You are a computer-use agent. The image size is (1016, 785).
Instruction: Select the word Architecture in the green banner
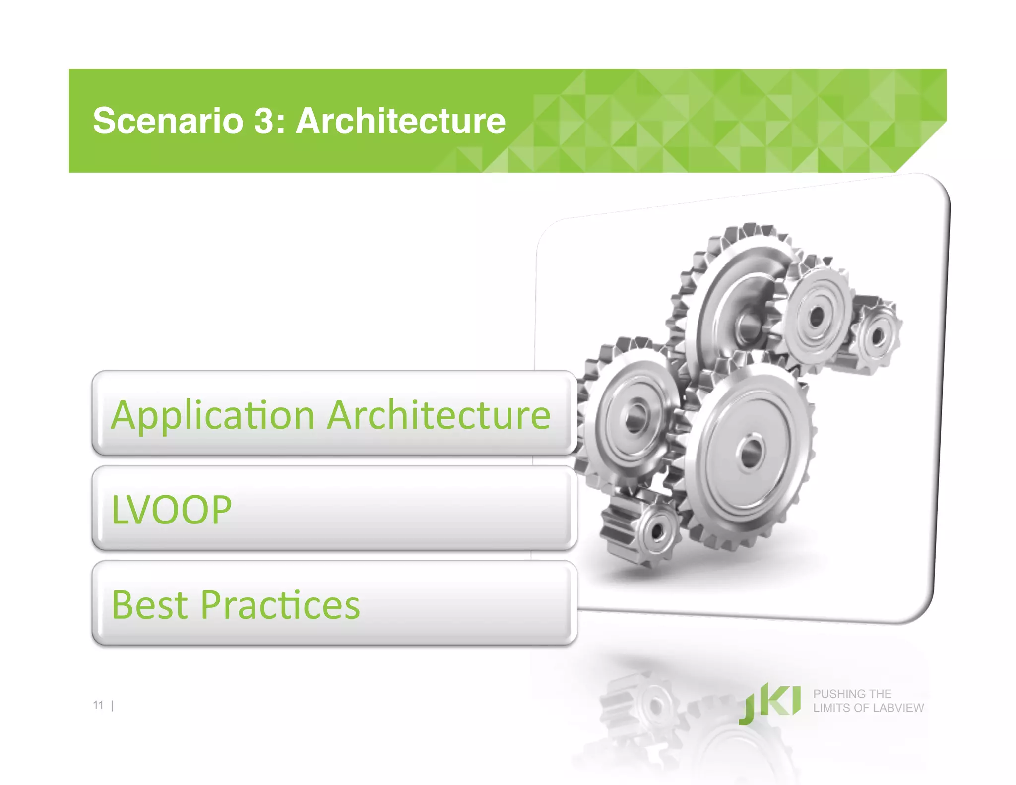point(400,121)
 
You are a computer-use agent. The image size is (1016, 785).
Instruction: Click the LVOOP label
point(172,510)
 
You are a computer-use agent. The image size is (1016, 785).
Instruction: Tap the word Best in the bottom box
point(150,605)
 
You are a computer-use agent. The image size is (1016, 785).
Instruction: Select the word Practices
point(280,605)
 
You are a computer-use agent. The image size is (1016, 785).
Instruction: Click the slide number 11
point(98,705)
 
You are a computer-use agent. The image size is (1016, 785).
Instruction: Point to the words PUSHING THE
point(852,694)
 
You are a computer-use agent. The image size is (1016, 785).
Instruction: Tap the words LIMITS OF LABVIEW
point(868,708)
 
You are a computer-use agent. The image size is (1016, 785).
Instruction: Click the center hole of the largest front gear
point(751,452)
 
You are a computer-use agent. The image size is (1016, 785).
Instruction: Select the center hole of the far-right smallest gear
point(878,336)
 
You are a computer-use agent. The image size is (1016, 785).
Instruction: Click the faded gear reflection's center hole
point(656,705)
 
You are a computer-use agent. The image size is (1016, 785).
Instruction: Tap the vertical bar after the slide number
point(113,705)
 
